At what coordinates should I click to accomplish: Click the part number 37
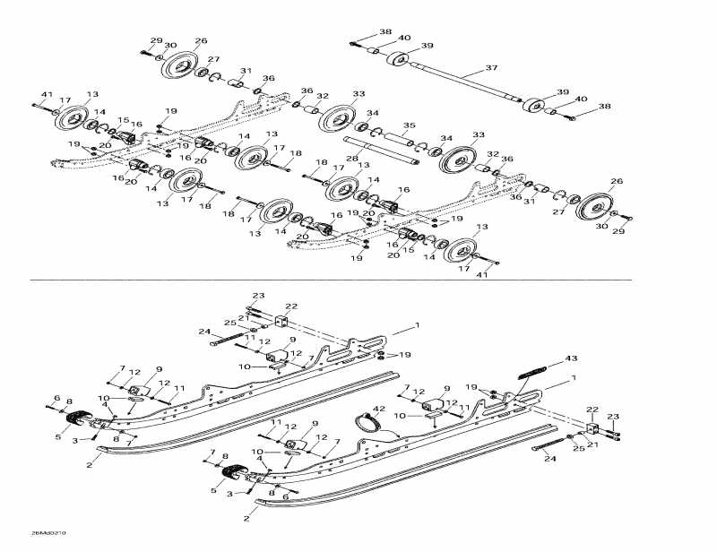pos(490,68)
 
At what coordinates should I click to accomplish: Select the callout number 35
pos(408,125)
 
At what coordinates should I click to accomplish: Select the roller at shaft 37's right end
pos(536,105)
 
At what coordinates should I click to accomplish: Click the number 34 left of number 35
pos(373,114)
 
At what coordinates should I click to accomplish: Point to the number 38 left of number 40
pos(384,31)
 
